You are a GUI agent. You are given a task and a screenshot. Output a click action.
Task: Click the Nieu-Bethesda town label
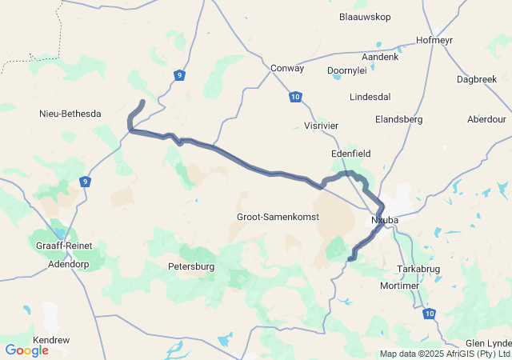[70, 114]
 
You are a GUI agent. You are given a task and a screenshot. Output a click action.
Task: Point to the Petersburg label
[191, 266]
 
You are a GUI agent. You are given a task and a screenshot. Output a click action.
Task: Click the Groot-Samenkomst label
[278, 217]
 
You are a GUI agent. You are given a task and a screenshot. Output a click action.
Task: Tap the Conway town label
[287, 68]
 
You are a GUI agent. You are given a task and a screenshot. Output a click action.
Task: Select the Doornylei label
[347, 70]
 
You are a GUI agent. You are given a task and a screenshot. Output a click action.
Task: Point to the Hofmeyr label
[435, 40]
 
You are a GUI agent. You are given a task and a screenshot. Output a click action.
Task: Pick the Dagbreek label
[476, 79]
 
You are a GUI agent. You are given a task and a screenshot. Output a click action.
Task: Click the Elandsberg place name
[398, 119]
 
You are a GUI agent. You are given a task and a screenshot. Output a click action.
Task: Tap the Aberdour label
[486, 119]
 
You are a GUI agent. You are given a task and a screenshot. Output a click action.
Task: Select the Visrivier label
[323, 126]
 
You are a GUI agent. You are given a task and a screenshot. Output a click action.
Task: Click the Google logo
[26, 350]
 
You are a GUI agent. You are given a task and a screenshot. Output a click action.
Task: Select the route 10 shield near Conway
[296, 97]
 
